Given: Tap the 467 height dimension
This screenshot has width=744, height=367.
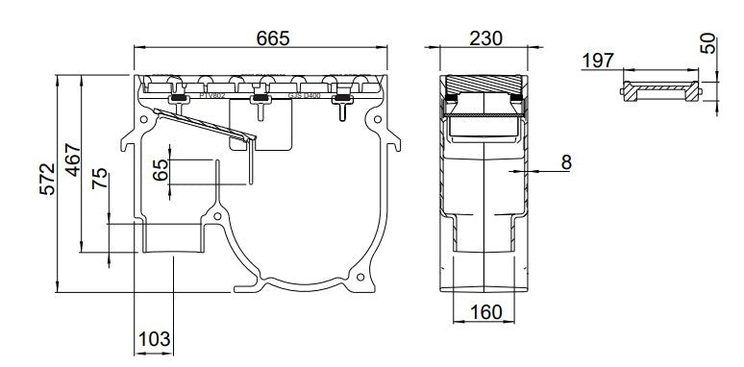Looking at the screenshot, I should tap(71, 159).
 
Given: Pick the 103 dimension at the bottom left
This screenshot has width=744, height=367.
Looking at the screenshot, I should tap(154, 338).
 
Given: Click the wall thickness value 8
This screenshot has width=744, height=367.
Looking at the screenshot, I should tap(566, 162).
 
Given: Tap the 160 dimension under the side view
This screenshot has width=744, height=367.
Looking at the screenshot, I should tap(488, 312).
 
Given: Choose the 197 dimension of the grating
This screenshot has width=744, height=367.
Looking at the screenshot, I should tap(598, 61).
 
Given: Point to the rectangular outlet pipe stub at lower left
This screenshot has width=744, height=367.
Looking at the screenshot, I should tap(173, 235).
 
